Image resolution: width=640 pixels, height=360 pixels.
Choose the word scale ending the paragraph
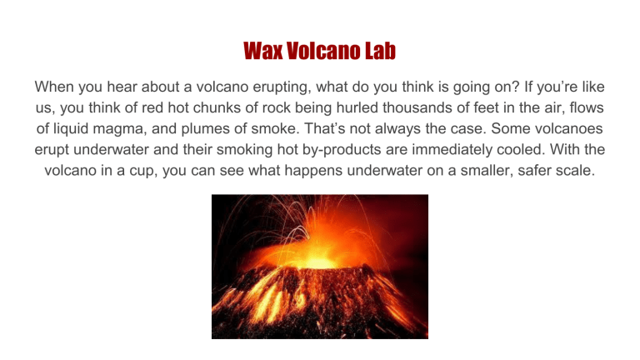click(560, 173)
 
